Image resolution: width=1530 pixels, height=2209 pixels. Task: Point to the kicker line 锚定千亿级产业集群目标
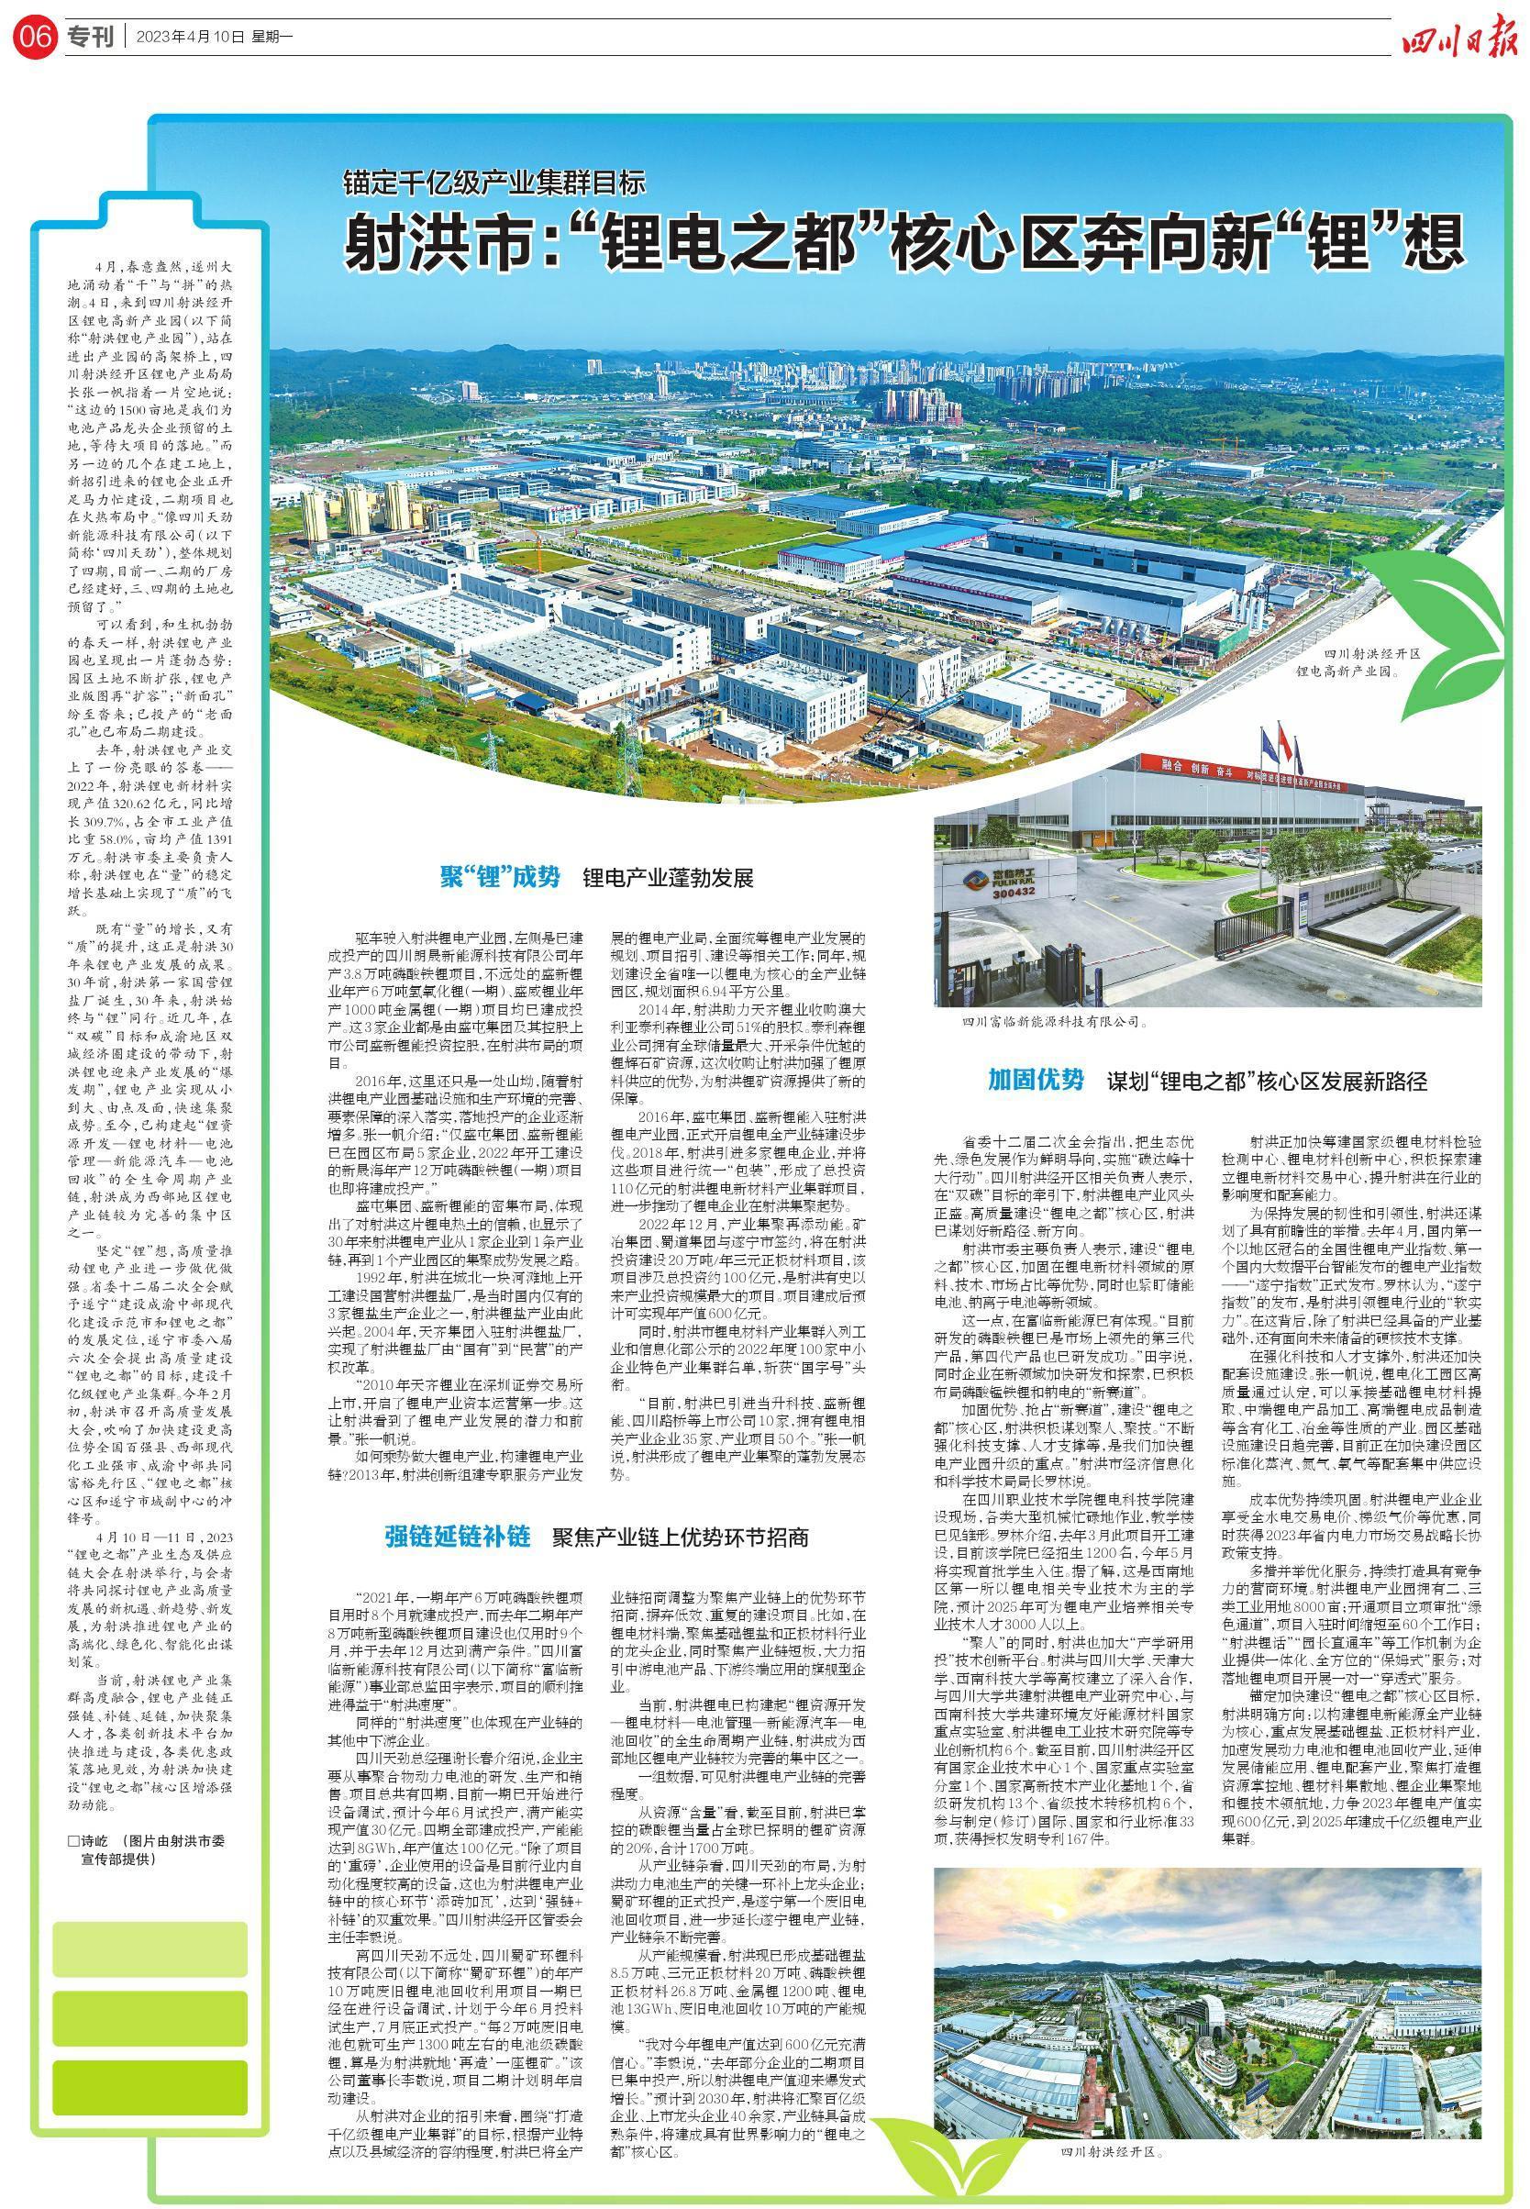point(496,183)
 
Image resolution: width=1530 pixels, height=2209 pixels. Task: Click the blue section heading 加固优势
point(1037,1081)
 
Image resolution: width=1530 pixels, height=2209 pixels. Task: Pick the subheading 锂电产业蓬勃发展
point(668,878)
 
